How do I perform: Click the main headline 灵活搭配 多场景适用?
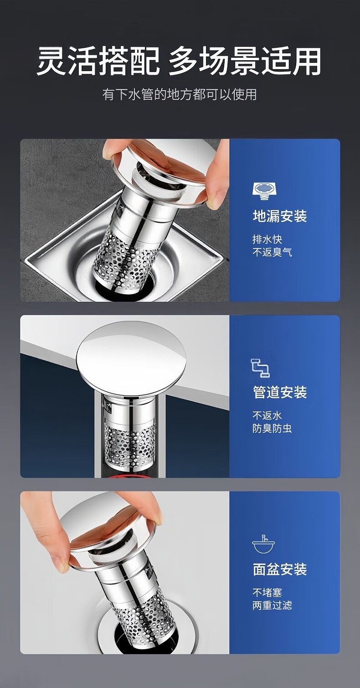179,61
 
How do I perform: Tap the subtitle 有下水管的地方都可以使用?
180,94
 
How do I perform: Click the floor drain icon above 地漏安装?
265,191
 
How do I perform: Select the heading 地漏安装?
280,216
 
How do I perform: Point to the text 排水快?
267,239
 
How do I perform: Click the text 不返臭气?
272,253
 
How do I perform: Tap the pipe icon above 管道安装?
261,368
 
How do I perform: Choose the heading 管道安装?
280,392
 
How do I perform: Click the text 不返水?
267,415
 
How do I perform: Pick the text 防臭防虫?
272,429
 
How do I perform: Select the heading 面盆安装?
280,569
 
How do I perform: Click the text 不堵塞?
267,592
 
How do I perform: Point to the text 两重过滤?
272,605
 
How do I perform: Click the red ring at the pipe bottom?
130,476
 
